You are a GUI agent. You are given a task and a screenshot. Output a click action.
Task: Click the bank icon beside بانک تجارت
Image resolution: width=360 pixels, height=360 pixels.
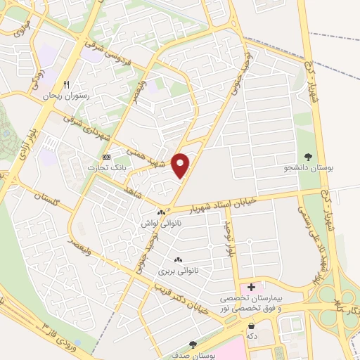point(107,156)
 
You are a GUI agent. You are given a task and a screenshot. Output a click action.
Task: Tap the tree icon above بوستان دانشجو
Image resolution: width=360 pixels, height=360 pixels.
point(307,156)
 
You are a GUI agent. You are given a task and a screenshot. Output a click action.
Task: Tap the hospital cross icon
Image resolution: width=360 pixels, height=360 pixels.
point(251,287)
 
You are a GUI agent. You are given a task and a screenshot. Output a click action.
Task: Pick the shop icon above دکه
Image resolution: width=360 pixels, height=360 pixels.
point(251,325)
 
